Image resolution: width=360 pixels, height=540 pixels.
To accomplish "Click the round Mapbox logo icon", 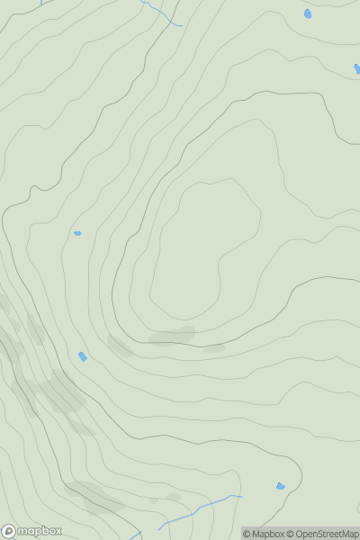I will pos(10,531).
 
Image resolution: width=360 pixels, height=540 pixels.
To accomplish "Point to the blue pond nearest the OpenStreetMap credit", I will pos(280,486).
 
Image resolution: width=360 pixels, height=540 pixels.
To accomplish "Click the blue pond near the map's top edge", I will pos(308,13).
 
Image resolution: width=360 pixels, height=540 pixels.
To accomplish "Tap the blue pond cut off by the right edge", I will pos(356,68).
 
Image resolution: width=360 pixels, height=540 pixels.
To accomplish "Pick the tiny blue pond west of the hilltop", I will pos(77,233).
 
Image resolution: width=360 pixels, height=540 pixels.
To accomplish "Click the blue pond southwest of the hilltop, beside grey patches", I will pos(83,356).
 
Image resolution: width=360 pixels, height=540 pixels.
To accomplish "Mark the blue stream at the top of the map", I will pos(162,13).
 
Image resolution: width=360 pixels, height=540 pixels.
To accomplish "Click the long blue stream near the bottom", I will pos(198,508).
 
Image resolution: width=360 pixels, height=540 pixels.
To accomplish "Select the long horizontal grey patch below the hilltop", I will pos(171,336).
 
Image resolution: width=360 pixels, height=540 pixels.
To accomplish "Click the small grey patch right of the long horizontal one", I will pos(214,347).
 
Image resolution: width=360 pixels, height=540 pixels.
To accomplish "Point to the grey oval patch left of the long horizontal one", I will pos(121,346).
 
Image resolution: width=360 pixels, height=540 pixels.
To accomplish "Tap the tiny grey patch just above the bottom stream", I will pos(174,496).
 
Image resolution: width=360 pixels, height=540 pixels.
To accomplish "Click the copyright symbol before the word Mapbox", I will pos(247,534).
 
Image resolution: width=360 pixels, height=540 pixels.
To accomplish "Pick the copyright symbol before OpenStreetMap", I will pos(291,534).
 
